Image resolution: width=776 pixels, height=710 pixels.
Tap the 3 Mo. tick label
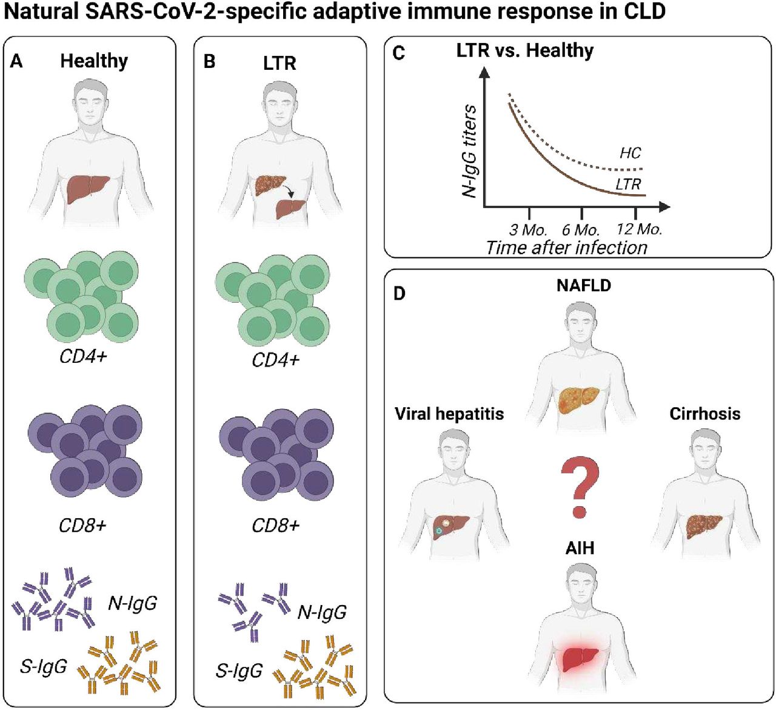pos(528,230)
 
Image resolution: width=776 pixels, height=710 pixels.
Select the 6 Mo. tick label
pos(581,230)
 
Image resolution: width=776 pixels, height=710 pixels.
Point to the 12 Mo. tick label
pos(639,229)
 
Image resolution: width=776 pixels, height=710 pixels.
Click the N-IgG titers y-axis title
pos(469,151)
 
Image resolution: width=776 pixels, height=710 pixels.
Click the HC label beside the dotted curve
pos(630,153)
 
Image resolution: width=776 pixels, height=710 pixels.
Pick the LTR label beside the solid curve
pos(628,184)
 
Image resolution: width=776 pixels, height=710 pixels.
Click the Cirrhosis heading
pos(705,414)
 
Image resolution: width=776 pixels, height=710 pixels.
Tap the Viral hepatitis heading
pos(449,414)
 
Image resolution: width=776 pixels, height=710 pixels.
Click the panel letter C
pos(398,53)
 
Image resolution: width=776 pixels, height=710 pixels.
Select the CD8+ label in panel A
pos(82,526)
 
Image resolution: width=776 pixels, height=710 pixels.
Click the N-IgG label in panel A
pos(132,603)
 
